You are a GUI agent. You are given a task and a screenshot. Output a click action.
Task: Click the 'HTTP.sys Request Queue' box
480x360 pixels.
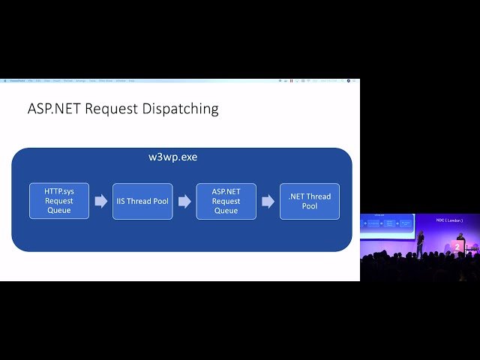click(x=58, y=201)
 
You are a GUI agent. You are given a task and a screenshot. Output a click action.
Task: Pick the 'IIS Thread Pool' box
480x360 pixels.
click(x=142, y=201)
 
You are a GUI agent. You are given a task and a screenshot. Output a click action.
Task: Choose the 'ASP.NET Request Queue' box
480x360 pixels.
click(x=226, y=201)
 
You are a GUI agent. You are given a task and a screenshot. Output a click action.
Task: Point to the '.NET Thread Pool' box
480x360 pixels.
click(x=309, y=201)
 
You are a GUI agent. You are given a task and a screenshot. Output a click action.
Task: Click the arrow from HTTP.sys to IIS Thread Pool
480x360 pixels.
click(x=100, y=201)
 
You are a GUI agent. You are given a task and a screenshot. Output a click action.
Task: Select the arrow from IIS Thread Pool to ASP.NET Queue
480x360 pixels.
click(x=184, y=201)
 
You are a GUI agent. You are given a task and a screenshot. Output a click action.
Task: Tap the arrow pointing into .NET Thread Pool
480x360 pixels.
click(x=268, y=201)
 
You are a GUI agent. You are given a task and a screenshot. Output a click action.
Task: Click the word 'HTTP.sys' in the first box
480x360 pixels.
click(x=58, y=191)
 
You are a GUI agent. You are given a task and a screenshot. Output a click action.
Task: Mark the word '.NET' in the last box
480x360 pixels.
click(x=298, y=196)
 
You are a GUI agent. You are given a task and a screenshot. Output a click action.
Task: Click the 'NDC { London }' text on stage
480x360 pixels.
click(x=450, y=220)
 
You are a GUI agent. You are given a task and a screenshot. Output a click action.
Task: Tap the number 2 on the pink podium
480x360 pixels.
click(x=458, y=246)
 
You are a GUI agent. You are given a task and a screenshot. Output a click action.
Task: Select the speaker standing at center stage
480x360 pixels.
click(x=421, y=241)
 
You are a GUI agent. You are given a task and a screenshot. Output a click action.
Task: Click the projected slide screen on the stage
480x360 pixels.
click(x=388, y=224)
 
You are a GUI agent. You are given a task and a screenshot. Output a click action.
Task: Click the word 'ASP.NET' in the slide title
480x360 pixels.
click(x=54, y=109)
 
